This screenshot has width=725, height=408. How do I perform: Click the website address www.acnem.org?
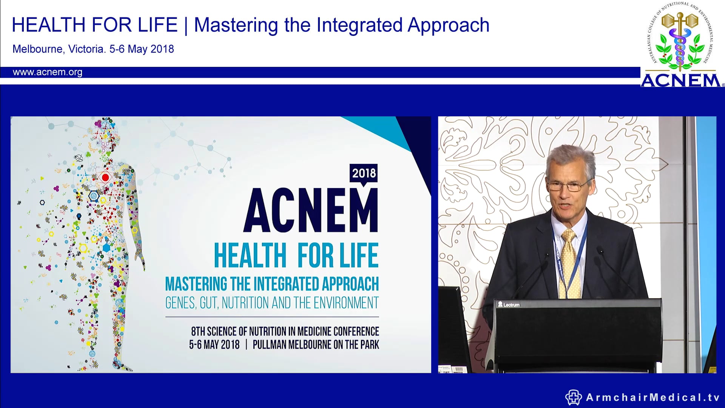(48, 72)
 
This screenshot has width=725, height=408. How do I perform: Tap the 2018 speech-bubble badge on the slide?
(364, 173)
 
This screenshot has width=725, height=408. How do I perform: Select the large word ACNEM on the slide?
(310, 211)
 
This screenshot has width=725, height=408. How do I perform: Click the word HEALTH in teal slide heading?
(250, 256)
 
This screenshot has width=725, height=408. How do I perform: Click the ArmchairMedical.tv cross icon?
(573, 397)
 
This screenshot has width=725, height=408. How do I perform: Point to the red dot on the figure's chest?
(105, 177)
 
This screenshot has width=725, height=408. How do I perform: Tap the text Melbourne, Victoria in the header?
(59, 49)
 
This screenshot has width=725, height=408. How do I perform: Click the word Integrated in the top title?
(359, 25)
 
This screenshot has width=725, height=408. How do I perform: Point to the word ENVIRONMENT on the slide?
(346, 303)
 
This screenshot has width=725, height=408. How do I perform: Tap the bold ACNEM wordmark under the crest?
(680, 80)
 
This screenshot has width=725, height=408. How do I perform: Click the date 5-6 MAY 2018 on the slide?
(214, 345)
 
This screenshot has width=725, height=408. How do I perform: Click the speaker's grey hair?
(570, 155)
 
